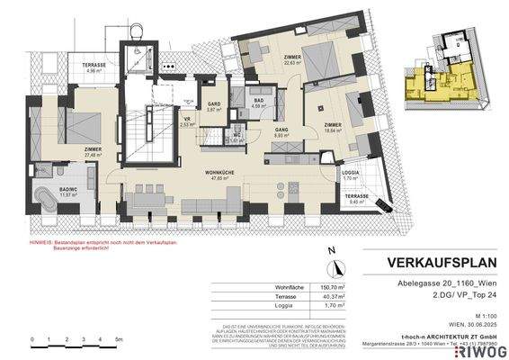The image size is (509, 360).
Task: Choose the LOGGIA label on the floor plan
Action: (x=350, y=175)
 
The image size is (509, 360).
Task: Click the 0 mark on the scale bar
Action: (x=31, y=338)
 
